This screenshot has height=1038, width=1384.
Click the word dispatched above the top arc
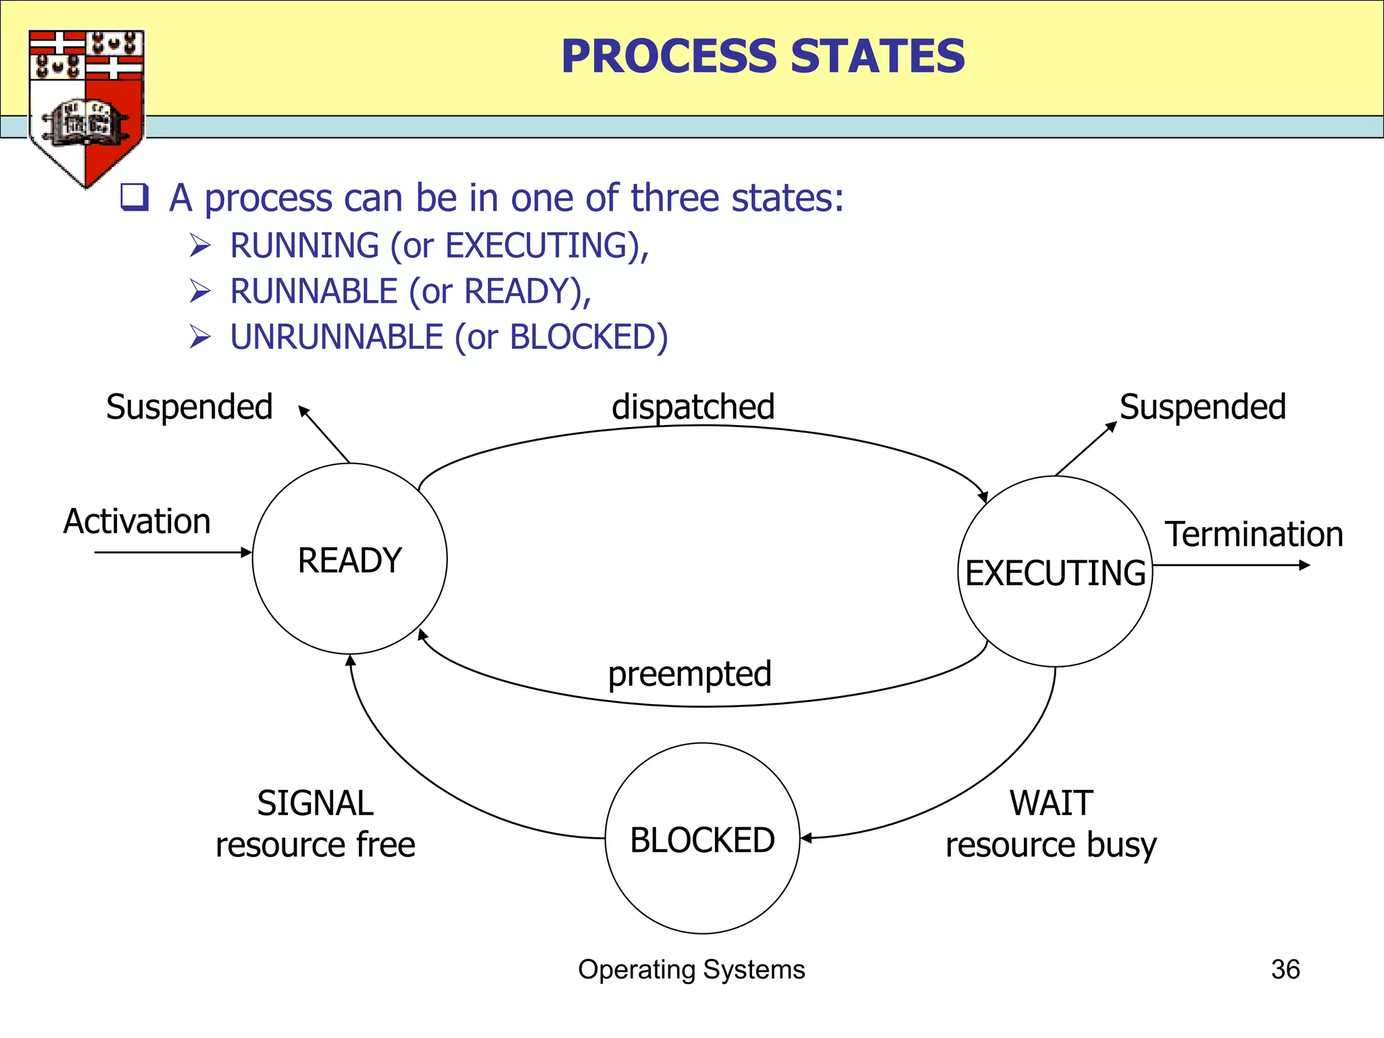point(693,407)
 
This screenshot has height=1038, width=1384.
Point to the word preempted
point(689,674)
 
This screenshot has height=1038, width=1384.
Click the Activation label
point(137,522)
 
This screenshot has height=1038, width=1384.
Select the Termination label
point(1254,534)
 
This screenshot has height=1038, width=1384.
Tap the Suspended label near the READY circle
point(189,407)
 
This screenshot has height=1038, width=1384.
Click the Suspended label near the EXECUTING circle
point(1202,407)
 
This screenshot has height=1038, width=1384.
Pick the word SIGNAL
point(315,803)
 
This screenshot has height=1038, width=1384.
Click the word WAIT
point(1051,803)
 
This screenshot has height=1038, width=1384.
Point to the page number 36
point(1285,969)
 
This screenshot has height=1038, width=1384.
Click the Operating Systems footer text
point(691,969)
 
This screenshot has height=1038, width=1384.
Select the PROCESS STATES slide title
point(763,56)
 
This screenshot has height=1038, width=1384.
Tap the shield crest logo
point(86,105)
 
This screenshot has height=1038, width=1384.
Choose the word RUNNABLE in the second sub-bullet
point(314,291)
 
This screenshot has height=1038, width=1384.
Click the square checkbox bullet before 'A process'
point(134,197)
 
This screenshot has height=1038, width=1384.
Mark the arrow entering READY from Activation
point(172,552)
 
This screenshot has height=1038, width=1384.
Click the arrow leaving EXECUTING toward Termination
point(1230,565)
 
